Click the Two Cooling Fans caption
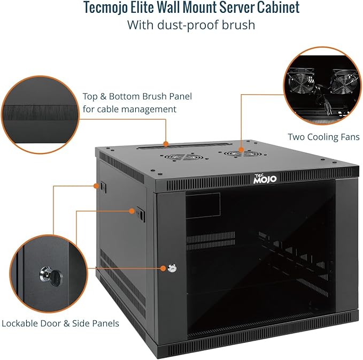pos(323,137)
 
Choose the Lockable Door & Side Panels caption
pos(60,323)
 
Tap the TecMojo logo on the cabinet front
pos(265,179)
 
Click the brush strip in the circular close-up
pos(40,113)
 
